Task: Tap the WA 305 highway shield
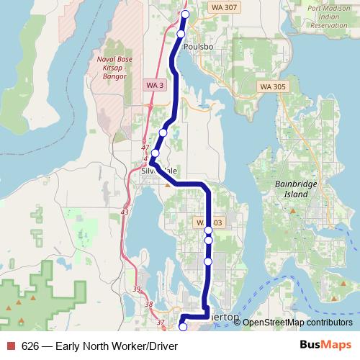(269, 86)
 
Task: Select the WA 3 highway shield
(153, 85)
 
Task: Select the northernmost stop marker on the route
(185, 14)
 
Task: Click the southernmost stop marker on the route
(182, 327)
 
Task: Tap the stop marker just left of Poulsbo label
(180, 34)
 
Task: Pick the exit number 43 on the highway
(125, 212)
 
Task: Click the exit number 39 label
(137, 289)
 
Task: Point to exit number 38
(149, 305)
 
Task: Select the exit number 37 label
(160, 321)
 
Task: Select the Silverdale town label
(160, 171)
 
